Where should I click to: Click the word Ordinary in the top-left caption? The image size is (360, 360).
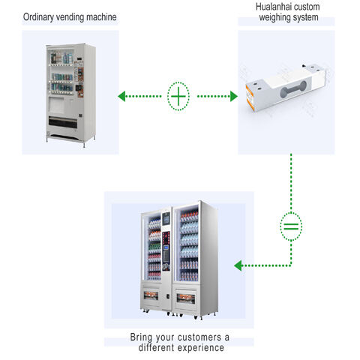[x=40, y=16]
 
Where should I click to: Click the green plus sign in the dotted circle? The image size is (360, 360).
[x=179, y=96]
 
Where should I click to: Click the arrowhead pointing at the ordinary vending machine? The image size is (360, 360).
[x=122, y=96]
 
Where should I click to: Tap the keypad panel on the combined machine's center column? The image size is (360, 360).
[x=166, y=256]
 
